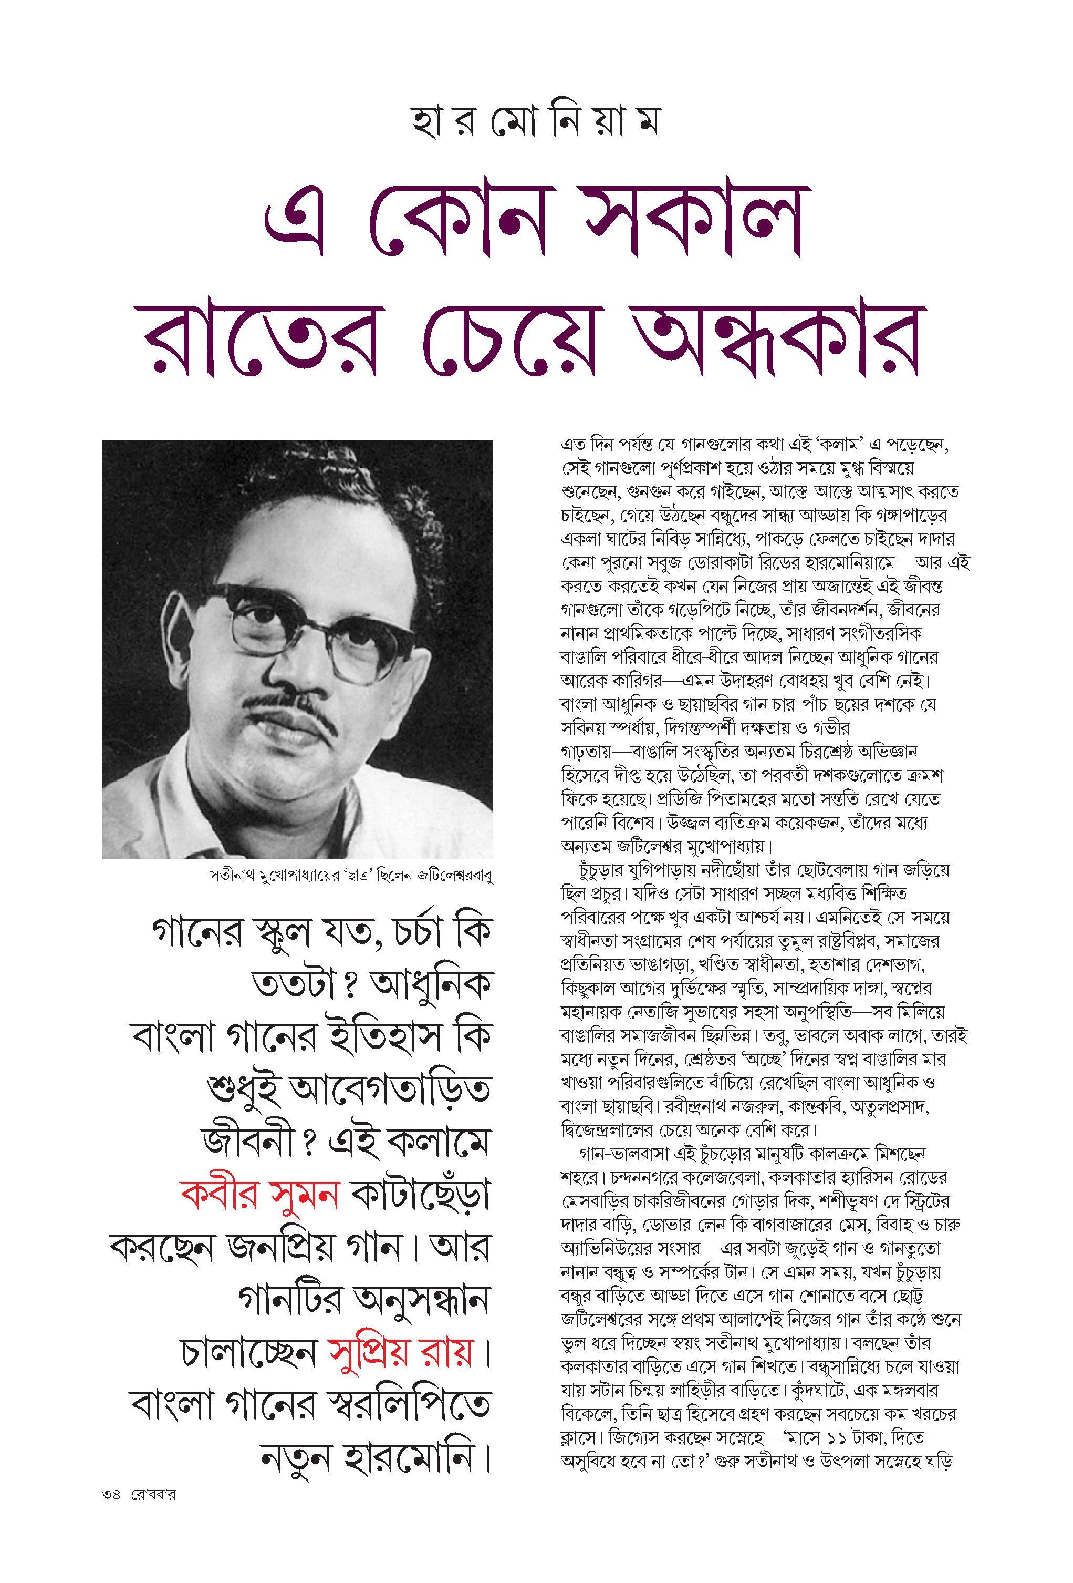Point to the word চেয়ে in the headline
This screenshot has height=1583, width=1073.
pos(518,337)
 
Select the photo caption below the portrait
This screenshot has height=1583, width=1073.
pos(351,877)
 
